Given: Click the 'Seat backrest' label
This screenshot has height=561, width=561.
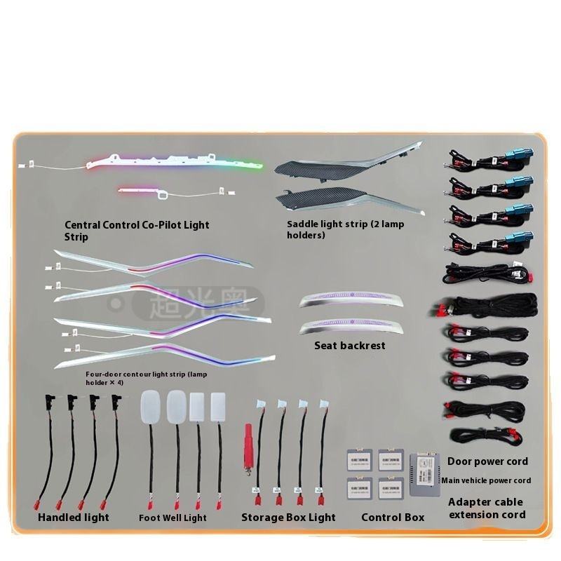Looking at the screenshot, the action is pyautogui.click(x=350, y=346).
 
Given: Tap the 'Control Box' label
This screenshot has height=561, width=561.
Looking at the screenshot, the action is pyautogui.click(x=393, y=518).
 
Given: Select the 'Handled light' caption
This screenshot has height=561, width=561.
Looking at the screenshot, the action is pyautogui.click(x=74, y=518).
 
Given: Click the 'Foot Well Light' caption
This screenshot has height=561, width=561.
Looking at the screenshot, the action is pyautogui.click(x=173, y=518).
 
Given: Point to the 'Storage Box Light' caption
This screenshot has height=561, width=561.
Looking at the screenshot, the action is pyautogui.click(x=288, y=518).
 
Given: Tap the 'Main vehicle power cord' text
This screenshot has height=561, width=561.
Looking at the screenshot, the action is pyautogui.click(x=486, y=480).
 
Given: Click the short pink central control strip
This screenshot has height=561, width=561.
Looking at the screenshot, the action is pyautogui.click(x=140, y=189).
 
